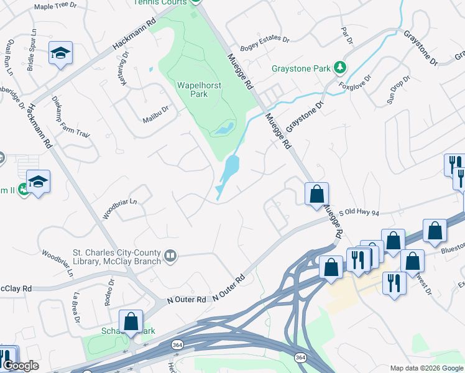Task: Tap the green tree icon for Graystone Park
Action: click(x=339, y=67)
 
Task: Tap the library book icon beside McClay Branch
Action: click(x=170, y=256)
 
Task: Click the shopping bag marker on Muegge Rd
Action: click(x=316, y=193)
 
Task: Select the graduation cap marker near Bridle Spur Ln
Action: click(x=60, y=53)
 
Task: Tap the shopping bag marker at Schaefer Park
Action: click(x=131, y=321)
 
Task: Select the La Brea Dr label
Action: click(x=76, y=307)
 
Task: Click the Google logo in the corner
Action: click(x=21, y=366)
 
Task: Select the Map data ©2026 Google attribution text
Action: click(x=426, y=368)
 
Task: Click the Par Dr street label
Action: click(x=347, y=35)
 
